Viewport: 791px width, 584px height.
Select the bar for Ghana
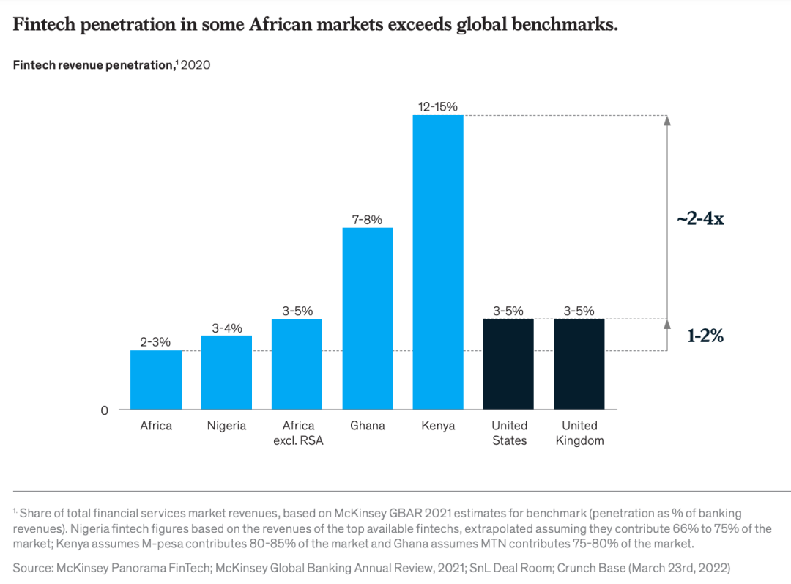point(367,318)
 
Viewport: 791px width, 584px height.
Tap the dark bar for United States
point(508,363)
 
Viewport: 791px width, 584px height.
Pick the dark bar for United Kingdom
point(579,363)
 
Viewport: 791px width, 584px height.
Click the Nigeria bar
point(226,372)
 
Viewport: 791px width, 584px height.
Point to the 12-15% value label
point(438,107)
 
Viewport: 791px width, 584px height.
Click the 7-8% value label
point(367,220)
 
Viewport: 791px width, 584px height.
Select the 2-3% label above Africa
point(155,343)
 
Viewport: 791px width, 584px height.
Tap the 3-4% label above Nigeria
point(226,328)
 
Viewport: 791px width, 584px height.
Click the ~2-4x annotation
point(700,218)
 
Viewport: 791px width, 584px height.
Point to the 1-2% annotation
point(705,336)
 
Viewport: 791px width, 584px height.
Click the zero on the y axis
point(104,410)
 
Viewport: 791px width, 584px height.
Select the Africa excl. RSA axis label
point(297,433)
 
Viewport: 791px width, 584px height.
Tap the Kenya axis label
point(438,426)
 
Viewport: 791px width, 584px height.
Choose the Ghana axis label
point(367,426)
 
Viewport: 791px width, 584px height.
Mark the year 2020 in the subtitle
point(196,65)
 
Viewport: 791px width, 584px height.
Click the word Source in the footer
point(31,567)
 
